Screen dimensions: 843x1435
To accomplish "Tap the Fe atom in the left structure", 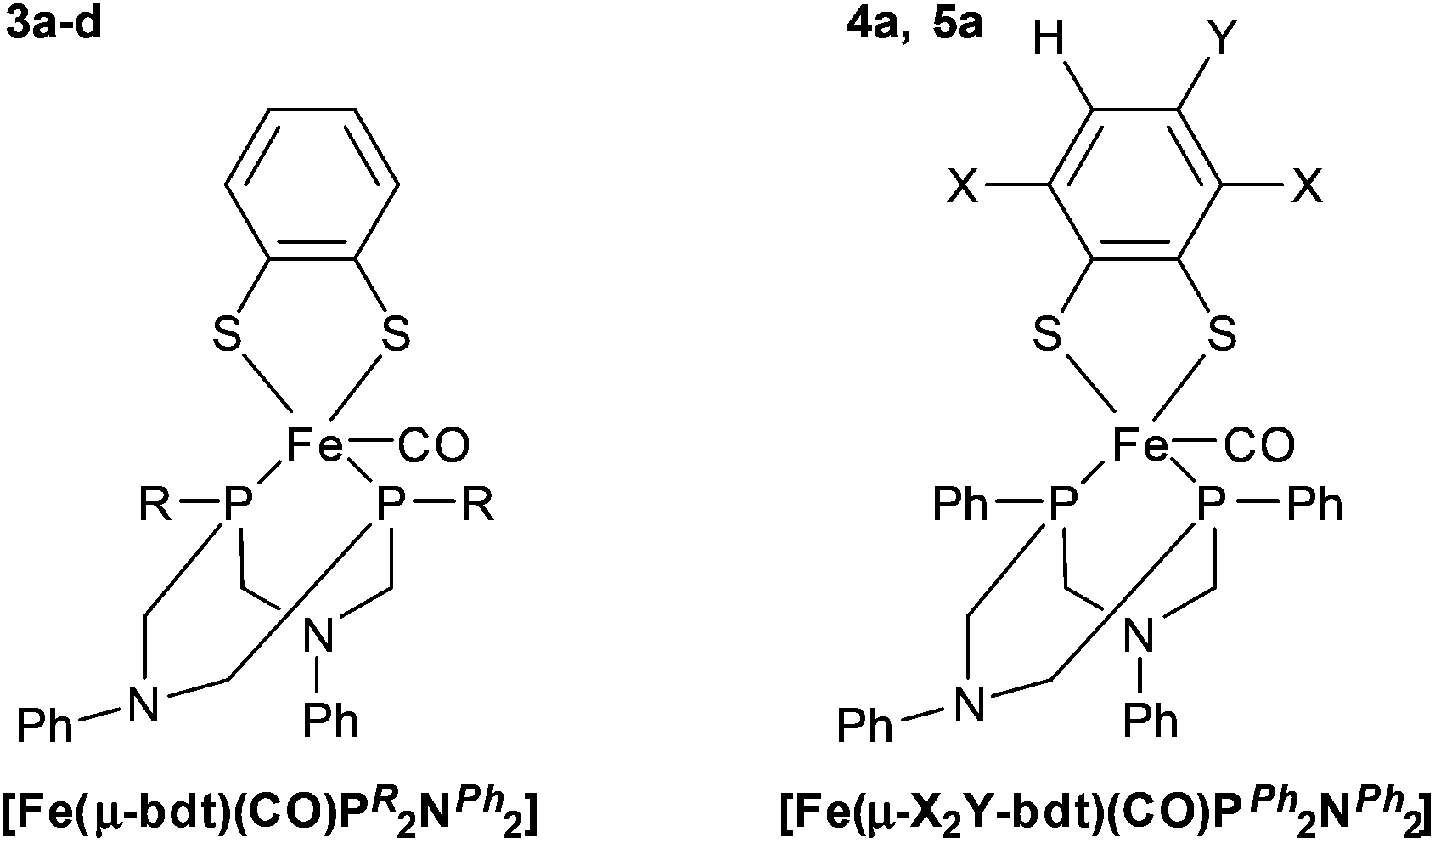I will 312,444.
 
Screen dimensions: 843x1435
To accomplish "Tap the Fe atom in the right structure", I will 1139,444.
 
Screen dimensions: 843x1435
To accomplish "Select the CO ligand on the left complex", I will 432,445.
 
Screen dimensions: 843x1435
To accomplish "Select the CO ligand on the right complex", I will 1259,445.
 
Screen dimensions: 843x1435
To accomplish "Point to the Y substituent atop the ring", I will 1220,39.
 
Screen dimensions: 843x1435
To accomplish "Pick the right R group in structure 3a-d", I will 478,506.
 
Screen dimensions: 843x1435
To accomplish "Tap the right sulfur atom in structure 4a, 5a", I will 1222,337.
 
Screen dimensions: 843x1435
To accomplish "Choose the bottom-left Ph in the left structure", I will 46,727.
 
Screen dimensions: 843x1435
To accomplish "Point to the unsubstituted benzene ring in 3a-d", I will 312,184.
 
